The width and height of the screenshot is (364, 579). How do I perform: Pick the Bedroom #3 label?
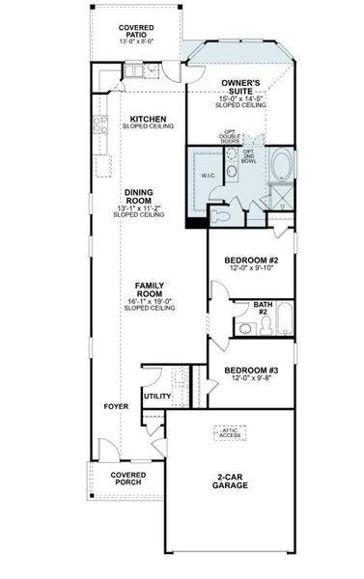(x=251, y=370)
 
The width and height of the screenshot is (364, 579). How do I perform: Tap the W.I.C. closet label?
(x=208, y=177)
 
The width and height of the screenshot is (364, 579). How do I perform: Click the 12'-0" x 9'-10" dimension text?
(x=251, y=269)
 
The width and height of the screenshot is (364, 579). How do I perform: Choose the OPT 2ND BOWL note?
(x=249, y=157)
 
